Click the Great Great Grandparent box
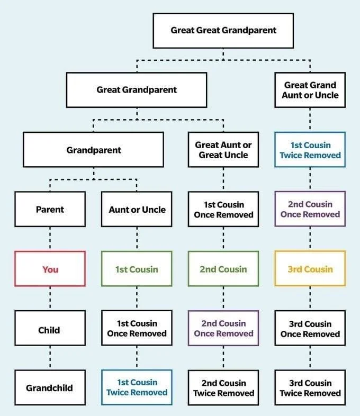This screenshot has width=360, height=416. (223, 30)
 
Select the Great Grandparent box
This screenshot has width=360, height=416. (137, 90)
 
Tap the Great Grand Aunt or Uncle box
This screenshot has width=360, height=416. (310, 90)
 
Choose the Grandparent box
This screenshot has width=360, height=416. (93, 150)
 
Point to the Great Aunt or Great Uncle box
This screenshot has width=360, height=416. (223, 150)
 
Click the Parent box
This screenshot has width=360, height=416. (50, 209)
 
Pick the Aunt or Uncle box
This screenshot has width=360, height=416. (137, 209)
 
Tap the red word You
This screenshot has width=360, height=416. (50, 269)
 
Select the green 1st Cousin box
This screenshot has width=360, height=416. (137, 269)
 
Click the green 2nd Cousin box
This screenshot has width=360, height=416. (223, 269)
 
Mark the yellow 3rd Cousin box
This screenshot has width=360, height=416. (310, 269)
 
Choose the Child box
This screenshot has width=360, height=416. (50, 329)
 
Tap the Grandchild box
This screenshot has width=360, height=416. (50, 387)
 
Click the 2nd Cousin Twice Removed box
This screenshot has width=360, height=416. (223, 387)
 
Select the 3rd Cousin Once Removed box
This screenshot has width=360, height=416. (310, 329)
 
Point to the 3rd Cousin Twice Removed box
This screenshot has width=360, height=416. (310, 387)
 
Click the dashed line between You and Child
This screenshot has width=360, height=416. (50, 299)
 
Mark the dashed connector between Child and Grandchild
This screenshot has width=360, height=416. (50, 358)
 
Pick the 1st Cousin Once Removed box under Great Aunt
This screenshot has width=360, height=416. (223, 209)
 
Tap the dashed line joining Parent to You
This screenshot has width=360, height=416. (50, 239)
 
